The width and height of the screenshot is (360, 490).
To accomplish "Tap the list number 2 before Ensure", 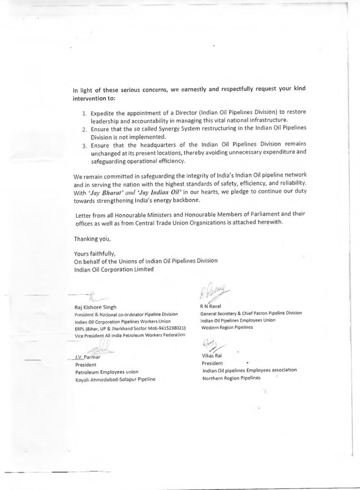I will click(x=84, y=130).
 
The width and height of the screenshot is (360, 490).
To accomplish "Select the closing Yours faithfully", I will click(x=95, y=254).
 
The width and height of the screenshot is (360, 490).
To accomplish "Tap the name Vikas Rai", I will click(x=213, y=356).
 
